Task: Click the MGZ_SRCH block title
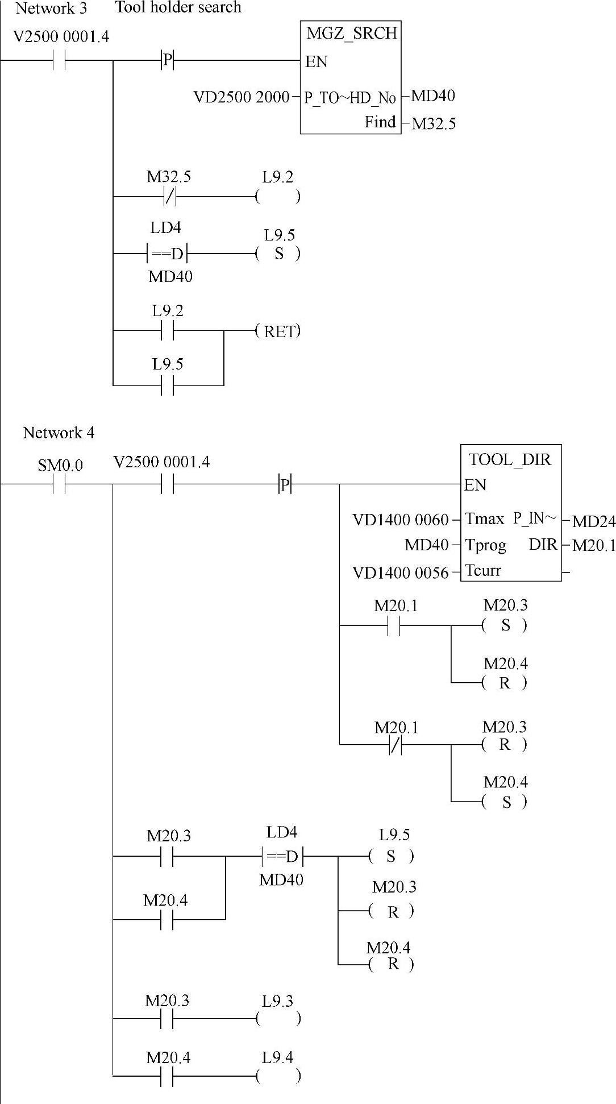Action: coord(351,34)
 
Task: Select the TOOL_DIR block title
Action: coord(510,459)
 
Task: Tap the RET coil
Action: coord(278,331)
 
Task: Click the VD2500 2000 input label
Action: coord(242,97)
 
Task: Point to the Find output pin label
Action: coord(380,122)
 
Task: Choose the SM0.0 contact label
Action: coord(60,466)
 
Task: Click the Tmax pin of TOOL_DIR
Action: coord(484,518)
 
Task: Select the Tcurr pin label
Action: coord(483,570)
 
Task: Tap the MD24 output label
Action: coord(593,521)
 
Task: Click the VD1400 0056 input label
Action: coord(400,572)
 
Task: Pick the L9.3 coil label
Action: coord(277,1002)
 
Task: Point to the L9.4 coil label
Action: coord(277,1058)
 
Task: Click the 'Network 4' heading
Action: coord(59,433)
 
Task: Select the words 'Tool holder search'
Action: coord(178,7)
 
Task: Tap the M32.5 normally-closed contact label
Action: coord(169,177)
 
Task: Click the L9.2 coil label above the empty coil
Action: coord(277,177)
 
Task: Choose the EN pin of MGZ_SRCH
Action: coord(316,61)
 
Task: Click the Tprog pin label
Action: coord(485,545)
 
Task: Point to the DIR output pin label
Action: coord(543,545)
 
